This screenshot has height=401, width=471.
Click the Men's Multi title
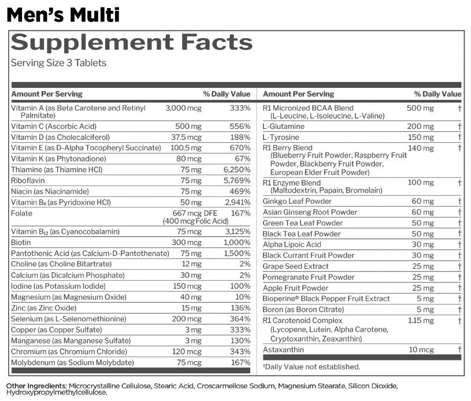coord(63,15)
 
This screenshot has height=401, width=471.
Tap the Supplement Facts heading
coord(132,42)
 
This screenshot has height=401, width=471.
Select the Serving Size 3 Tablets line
coord(58,63)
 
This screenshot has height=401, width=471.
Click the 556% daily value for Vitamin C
coord(240,127)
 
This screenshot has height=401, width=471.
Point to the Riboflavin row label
coord(28,180)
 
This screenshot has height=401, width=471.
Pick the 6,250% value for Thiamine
coord(237,170)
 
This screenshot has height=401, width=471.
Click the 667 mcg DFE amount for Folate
coord(195,213)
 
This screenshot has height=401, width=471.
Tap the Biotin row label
coord(21,243)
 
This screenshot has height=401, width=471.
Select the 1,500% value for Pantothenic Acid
coord(237,254)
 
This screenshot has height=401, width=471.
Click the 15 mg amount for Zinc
coord(191,308)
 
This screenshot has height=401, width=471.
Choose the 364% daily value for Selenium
coord(240,319)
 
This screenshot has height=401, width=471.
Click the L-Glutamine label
coord(283,127)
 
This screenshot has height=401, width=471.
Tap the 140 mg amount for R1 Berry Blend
coord(421,148)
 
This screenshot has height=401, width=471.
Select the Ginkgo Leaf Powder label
coord(297,201)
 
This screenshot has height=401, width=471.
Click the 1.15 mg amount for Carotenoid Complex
coord(421,321)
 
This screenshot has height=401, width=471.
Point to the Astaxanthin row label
coord(283,350)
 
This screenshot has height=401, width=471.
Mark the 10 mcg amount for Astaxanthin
coord(421,350)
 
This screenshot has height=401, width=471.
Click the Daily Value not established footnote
coord(311,367)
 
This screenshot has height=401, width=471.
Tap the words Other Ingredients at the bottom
coord(36,386)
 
